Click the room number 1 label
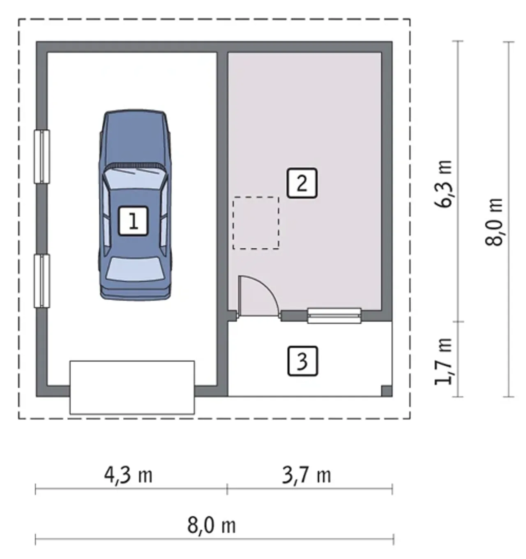[x=133, y=221]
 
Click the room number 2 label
[x=302, y=183]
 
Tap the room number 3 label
[x=302, y=361]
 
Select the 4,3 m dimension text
[x=128, y=475]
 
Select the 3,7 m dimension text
[x=307, y=475]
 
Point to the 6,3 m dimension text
[x=443, y=184]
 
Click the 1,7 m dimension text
[x=443, y=361]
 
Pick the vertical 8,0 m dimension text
[x=494, y=222]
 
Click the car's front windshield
[x=135, y=178]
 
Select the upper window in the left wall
[x=42, y=156]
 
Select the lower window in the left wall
[x=42, y=281]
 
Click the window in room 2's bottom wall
[x=335, y=316]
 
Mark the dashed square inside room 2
[x=256, y=223]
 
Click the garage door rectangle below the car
[x=132, y=387]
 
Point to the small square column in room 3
[x=386, y=391]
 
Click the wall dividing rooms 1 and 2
[x=222, y=220]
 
